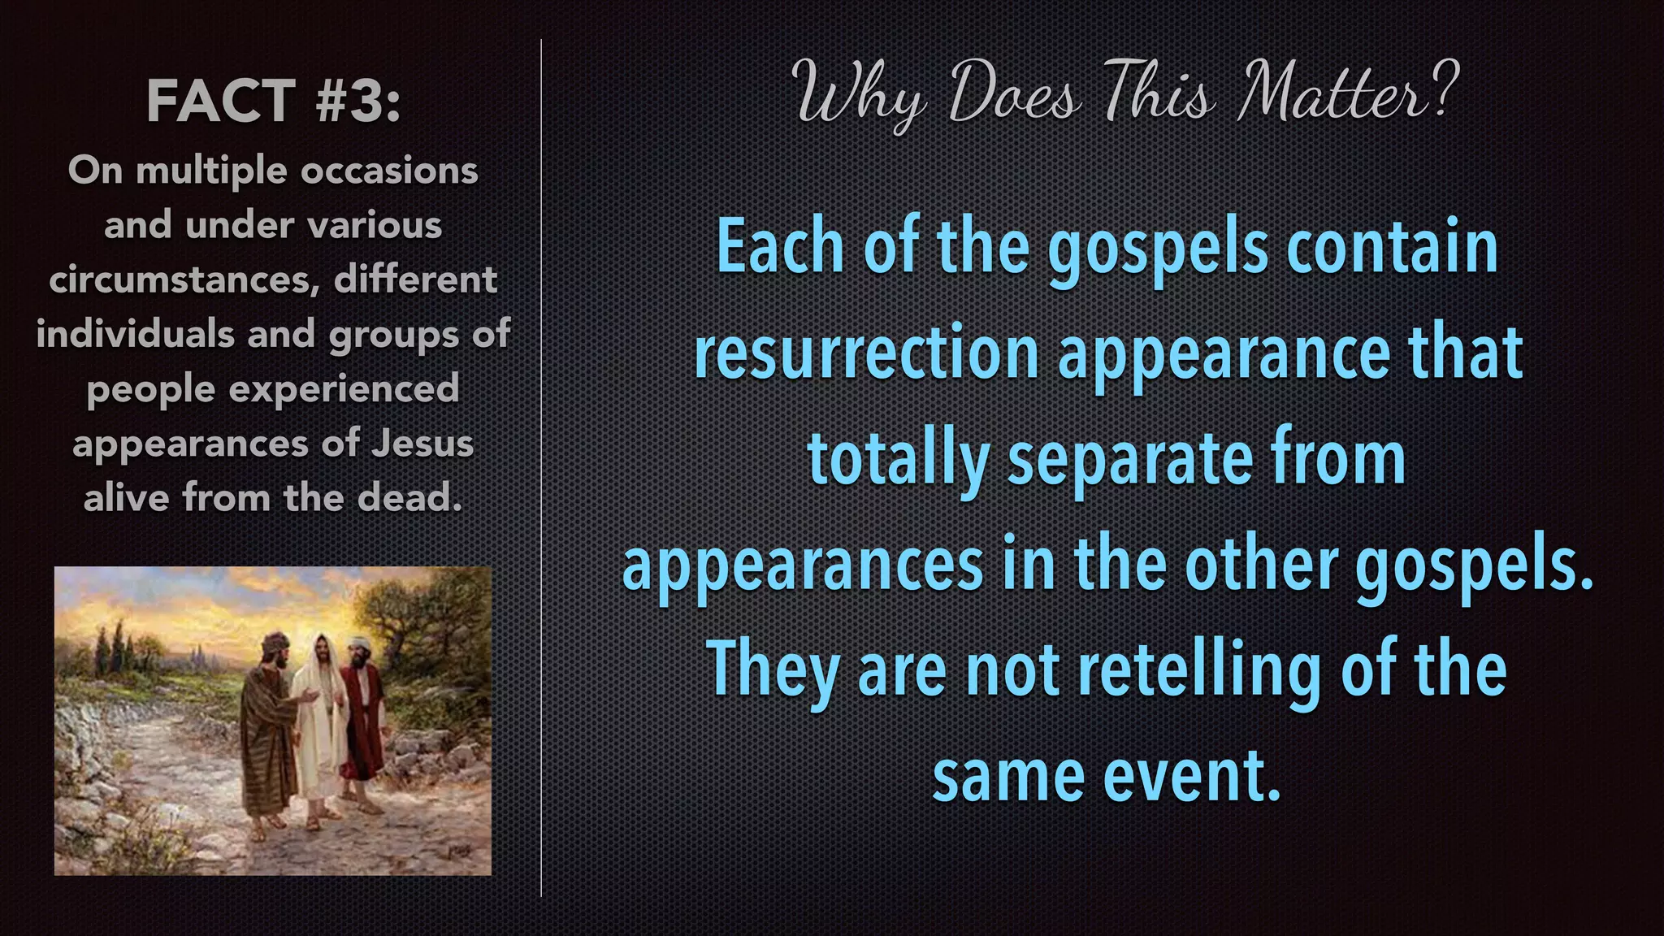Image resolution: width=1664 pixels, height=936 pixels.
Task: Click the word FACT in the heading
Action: click(x=220, y=102)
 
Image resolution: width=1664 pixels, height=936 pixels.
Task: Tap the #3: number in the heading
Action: click(x=358, y=102)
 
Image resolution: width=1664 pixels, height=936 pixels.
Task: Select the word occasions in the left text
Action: click(x=389, y=171)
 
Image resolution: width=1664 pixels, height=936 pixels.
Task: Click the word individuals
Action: click(x=135, y=334)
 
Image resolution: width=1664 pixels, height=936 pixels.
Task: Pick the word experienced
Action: click(x=344, y=388)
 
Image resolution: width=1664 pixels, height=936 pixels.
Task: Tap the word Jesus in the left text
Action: click(x=422, y=444)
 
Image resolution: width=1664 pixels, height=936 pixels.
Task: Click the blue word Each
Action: click(x=780, y=248)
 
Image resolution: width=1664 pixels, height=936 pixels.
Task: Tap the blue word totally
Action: click(x=898, y=461)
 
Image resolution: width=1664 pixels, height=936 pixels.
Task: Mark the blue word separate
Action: click(x=1129, y=461)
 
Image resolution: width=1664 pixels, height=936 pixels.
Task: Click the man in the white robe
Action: click(x=318, y=715)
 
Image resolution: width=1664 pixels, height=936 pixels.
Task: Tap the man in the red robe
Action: click(x=362, y=715)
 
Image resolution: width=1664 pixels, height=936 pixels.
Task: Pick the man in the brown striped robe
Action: click(x=268, y=731)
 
